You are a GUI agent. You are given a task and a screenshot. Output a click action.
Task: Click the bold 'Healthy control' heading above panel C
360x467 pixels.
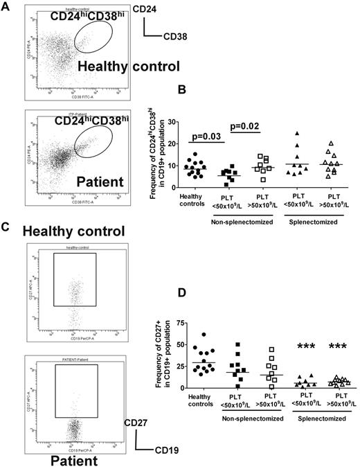(73, 230)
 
